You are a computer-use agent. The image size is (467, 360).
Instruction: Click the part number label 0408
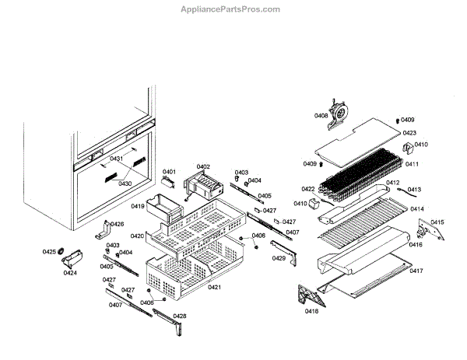(321, 116)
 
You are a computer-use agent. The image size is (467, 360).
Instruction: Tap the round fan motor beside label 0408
(338, 113)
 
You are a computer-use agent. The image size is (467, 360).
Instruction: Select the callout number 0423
(409, 133)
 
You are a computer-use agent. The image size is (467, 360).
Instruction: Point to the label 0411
(412, 164)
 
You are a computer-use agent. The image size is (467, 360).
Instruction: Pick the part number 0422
(308, 189)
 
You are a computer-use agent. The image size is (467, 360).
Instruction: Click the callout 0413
(414, 189)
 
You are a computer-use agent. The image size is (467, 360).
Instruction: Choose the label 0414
(417, 208)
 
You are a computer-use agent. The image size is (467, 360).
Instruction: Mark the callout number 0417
(417, 271)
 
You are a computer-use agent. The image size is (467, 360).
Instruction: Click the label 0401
(169, 172)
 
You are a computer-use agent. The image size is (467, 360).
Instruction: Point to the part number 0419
(138, 207)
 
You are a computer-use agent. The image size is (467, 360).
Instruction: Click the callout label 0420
(137, 236)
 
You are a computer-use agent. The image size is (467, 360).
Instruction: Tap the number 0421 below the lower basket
(215, 288)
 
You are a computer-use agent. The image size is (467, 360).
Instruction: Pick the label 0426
(117, 224)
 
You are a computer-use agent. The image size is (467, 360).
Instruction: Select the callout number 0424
(70, 273)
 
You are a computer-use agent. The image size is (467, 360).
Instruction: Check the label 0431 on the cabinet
(117, 159)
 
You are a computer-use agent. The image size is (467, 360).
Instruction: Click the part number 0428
(180, 316)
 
